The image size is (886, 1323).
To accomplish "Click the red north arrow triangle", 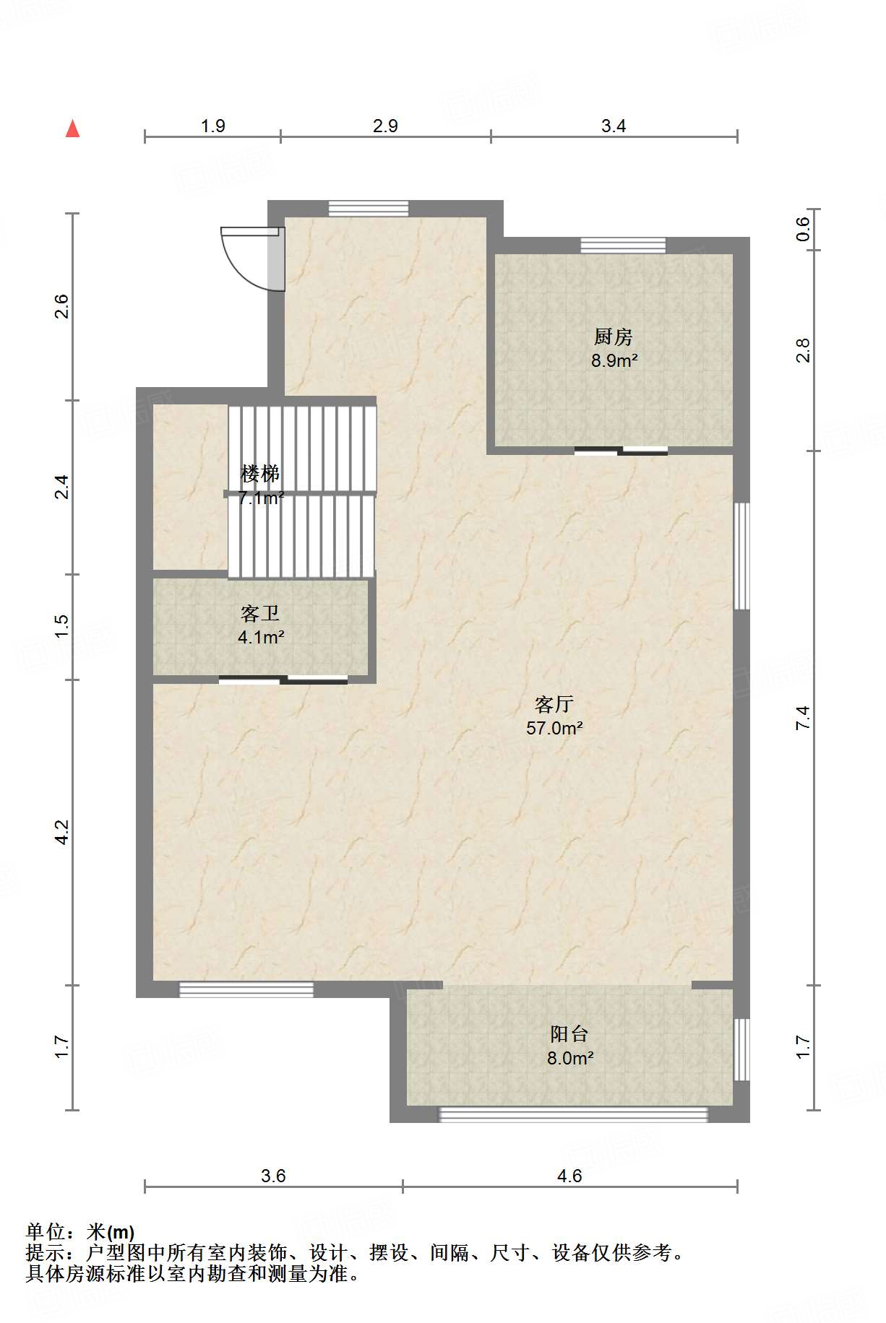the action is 72,129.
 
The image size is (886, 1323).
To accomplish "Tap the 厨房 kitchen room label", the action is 614,337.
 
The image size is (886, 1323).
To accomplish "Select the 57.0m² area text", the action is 554,728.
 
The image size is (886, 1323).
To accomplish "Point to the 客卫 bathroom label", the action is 260,614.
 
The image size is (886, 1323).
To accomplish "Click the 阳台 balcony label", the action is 569,1034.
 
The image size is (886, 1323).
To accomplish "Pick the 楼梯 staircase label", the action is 260,474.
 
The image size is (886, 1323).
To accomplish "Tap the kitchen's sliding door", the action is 621,451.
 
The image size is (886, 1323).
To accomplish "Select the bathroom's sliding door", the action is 283,679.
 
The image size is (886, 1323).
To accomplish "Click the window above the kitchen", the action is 623,246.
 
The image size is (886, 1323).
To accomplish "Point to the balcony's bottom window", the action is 574,1114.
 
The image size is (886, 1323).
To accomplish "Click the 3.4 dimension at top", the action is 614,126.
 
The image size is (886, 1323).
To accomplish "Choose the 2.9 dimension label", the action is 385,126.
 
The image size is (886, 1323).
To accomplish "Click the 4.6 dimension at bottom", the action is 569,1176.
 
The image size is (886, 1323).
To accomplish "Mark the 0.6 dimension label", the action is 804,230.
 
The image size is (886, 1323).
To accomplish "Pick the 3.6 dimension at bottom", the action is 273,1176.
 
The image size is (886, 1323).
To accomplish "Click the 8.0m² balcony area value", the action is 570,1059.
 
